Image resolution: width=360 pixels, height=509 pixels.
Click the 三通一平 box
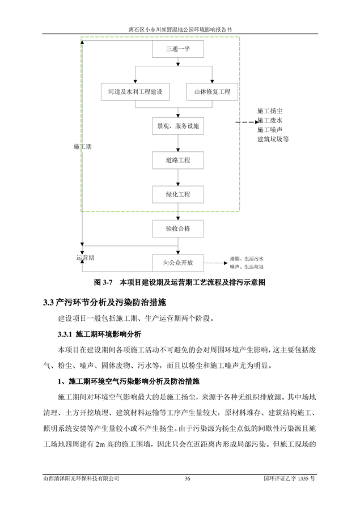pyautogui.click(x=178, y=49)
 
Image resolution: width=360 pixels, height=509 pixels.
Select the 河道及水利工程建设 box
pyautogui.click(x=135, y=92)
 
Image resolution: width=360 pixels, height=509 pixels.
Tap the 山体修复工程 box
pyautogui.click(x=212, y=92)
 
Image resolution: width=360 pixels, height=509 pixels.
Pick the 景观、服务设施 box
pyautogui.click(x=178, y=126)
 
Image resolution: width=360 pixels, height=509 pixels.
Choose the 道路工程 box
pyautogui.click(x=178, y=160)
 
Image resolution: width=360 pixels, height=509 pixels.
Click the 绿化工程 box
pyautogui.click(x=178, y=194)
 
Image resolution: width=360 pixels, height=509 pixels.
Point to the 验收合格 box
pyautogui.click(x=178, y=229)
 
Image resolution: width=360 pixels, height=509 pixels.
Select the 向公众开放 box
pyautogui.click(x=178, y=263)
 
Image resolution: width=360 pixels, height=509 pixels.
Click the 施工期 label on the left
pyautogui.click(x=82, y=147)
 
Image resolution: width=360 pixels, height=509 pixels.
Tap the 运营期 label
pyautogui.click(x=86, y=258)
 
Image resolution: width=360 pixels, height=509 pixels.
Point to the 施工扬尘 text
pyautogui.click(x=270, y=111)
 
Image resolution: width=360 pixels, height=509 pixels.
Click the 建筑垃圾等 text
pyautogui.click(x=273, y=139)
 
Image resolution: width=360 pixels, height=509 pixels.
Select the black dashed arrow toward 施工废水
pyautogui.click(x=247, y=122)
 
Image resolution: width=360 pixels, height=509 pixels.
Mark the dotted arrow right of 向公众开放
pyautogui.click(x=216, y=263)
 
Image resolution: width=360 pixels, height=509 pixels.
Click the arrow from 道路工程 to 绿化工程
pyautogui.click(x=178, y=177)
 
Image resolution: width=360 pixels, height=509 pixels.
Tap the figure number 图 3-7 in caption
pyautogui.click(x=103, y=282)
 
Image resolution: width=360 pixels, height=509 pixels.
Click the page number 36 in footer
pyautogui.click(x=187, y=478)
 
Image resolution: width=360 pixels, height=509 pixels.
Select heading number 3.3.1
pyautogui.click(x=65, y=334)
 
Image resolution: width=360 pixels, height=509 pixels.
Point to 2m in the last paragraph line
pyautogui.click(x=100, y=444)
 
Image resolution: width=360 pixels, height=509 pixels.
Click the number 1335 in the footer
pyautogui.click(x=303, y=478)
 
